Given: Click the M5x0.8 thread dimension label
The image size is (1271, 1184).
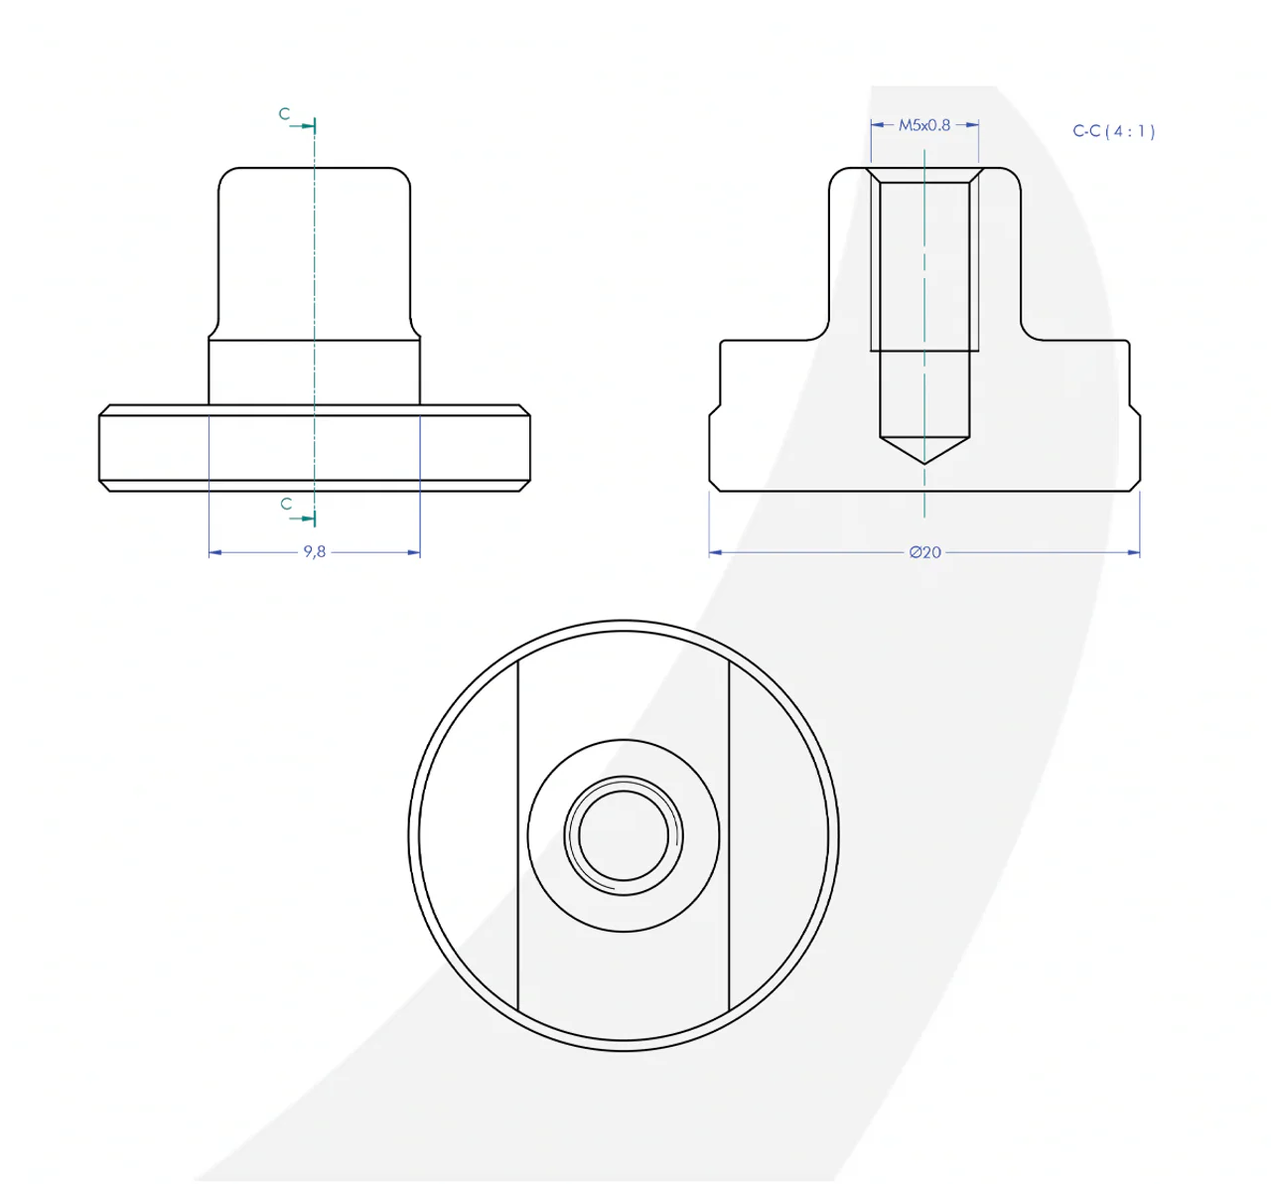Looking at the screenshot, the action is click(x=924, y=125).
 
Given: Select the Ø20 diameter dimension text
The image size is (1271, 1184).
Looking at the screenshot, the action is click(x=924, y=552).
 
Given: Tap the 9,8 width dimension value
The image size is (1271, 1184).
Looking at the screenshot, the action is click(x=314, y=551).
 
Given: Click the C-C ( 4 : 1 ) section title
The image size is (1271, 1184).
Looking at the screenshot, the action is click(x=1113, y=131).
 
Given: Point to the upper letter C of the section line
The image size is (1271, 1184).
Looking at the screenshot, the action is click(x=284, y=114).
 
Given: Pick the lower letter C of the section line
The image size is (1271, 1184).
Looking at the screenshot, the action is click(x=286, y=504).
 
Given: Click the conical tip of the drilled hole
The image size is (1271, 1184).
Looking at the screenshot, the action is click(x=924, y=462).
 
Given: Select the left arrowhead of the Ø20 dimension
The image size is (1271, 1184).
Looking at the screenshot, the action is click(x=716, y=552).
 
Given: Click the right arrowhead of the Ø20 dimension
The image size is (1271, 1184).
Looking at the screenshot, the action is click(x=1133, y=552).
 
